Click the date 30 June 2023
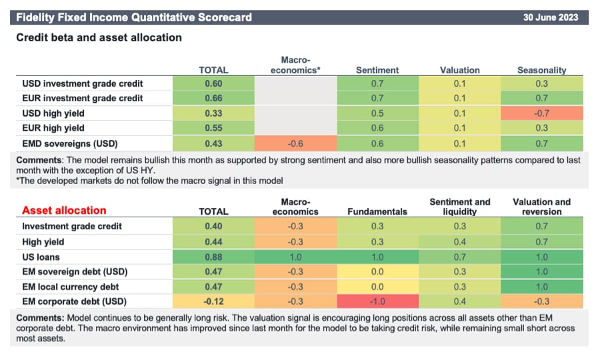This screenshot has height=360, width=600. [x=551, y=17]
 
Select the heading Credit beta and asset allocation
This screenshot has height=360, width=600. [x=99, y=38]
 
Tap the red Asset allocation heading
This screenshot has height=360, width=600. [x=64, y=211]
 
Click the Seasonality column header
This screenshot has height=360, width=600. [x=541, y=69]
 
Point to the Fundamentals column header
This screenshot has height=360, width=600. [x=377, y=211]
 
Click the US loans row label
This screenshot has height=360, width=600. [x=41, y=256]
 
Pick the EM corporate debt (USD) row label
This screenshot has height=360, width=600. [x=70, y=301]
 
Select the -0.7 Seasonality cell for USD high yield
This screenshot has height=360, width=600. [x=541, y=113]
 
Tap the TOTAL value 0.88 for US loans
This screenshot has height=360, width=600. [x=213, y=256]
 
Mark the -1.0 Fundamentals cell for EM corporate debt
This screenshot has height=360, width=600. [x=377, y=301]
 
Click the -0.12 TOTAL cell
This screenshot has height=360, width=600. [x=213, y=301]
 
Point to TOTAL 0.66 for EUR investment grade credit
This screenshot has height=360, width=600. [x=213, y=99]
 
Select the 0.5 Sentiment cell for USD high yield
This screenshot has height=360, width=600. [x=377, y=113]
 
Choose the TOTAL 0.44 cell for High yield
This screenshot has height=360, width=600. [x=213, y=241]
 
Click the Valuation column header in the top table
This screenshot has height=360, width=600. [x=459, y=69]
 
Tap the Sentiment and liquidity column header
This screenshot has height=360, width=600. [x=459, y=207]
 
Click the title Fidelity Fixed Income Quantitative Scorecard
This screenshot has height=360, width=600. [x=133, y=17]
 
